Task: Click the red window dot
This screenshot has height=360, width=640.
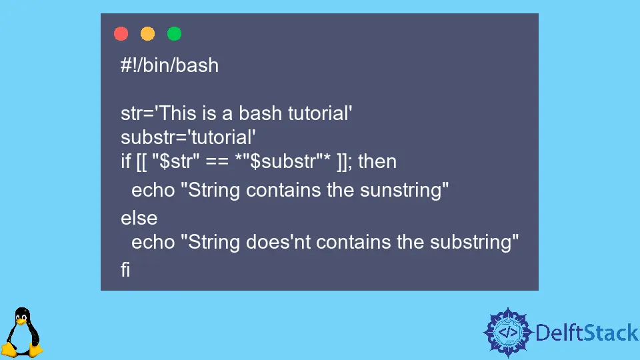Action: pyautogui.click(x=121, y=33)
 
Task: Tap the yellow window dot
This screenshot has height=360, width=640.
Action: pyautogui.click(x=147, y=33)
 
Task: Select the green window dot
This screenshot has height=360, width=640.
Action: pyautogui.click(x=174, y=33)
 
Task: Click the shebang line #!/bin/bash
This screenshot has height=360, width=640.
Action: pyautogui.click(x=169, y=65)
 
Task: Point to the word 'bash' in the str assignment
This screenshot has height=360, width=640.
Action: pyautogui.click(x=260, y=113)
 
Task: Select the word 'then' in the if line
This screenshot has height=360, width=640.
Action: pyautogui.click(x=377, y=161)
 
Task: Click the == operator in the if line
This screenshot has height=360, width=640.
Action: pyautogui.click(x=217, y=162)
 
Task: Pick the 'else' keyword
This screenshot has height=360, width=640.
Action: pyautogui.click(x=139, y=218)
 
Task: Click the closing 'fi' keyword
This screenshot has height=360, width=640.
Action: pyautogui.click(x=125, y=270)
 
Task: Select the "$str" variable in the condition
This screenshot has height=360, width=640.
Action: pyautogui.click(x=175, y=161)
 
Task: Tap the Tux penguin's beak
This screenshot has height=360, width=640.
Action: pyautogui.click(x=21, y=321)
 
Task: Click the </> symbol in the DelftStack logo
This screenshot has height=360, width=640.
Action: pyautogui.click(x=508, y=332)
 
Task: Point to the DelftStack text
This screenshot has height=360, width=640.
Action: pyautogui.click(x=587, y=333)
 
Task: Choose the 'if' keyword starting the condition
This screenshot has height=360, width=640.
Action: pyautogui.click(x=125, y=161)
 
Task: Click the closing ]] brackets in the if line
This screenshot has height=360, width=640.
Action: pyautogui.click(x=343, y=161)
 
